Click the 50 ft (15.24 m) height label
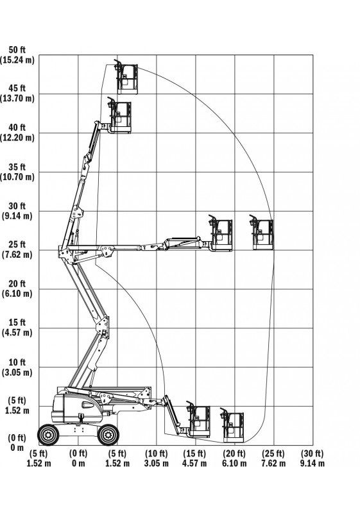(x=17, y=55)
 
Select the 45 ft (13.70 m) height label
(x=17, y=93)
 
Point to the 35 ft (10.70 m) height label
(x=17, y=172)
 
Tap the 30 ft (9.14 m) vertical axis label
(x=17, y=211)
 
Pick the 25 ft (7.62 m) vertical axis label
(x=17, y=249)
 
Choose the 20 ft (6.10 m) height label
(x=17, y=289)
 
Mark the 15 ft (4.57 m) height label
(x=17, y=328)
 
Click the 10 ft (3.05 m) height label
(x=17, y=367)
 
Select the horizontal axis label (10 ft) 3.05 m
(x=157, y=458)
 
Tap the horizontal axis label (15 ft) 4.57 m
(x=194, y=458)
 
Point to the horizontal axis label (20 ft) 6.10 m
(x=234, y=458)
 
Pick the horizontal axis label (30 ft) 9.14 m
(x=313, y=458)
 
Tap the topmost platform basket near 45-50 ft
(x=126, y=77)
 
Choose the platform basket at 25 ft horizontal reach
(x=262, y=233)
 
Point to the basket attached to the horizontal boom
(x=221, y=233)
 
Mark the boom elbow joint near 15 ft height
(x=103, y=327)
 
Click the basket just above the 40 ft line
(x=119, y=115)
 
